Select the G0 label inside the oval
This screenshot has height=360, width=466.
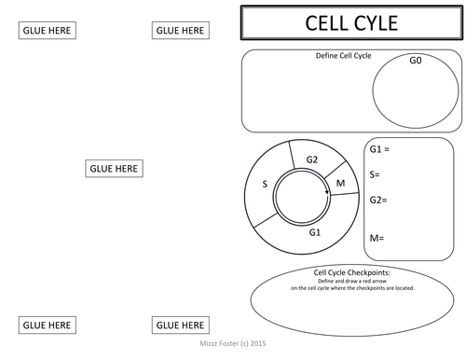[416, 60]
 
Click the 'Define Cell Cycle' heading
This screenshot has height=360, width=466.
[343, 56]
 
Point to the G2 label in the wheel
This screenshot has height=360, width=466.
[312, 159]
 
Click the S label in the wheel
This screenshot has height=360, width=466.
[265, 184]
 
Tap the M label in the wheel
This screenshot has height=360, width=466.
[341, 183]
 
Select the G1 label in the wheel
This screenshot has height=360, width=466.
[315, 232]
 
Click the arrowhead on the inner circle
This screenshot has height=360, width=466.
[327, 192]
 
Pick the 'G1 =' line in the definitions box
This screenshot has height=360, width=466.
[379, 149]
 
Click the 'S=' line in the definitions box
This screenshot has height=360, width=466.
[375, 174]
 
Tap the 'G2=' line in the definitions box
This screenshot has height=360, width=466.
[378, 200]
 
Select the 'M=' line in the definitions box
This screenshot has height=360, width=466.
[377, 238]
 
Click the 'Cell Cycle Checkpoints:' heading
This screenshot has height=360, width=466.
[352, 272]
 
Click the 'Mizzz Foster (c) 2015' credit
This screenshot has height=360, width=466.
[233, 343]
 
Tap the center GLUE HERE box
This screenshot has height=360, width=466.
[114, 169]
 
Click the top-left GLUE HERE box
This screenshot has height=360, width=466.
[48, 31]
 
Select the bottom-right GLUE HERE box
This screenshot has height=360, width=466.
[181, 325]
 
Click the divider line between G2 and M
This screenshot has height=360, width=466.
[336, 170]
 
